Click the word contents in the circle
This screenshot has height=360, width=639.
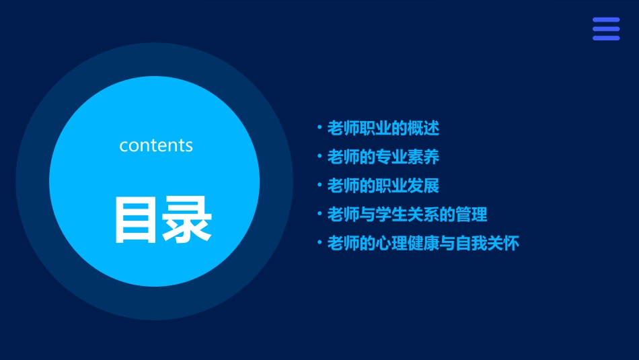pos(156,145)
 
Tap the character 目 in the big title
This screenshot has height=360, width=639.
pos(137,219)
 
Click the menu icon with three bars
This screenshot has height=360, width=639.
pos(606,29)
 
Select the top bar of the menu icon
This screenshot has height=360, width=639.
pos(606,20)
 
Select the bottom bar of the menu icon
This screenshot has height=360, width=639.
pos(606,38)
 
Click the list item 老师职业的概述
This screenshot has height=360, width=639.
pos(383,128)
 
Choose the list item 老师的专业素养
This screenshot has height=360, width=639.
pos(383,157)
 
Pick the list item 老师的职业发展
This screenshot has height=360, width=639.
pos(383,186)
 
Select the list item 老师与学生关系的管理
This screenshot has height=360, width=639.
pos(407,215)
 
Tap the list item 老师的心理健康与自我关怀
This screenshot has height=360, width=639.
pos(423,243)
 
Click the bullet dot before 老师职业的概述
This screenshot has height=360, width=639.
pos(319,127)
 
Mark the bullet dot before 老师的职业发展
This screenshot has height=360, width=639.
pos(319,185)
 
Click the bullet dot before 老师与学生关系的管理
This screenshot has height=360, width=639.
pos(319,214)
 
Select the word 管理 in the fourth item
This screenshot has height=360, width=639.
pos(472,215)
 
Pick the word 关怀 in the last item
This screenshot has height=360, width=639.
pos(504,243)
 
